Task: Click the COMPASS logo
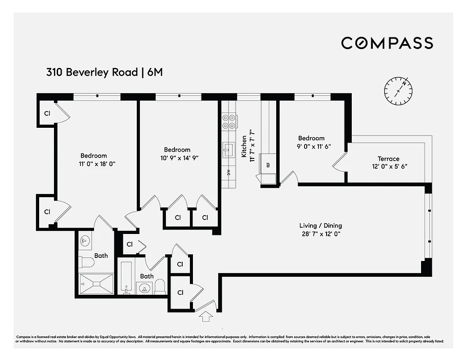pos(387,43)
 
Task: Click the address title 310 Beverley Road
pos(92,72)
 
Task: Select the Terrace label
pos(388,158)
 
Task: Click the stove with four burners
pos(229,121)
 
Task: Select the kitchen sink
pos(229,148)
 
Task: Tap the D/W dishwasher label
pos(229,173)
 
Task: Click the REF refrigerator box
pos(268,165)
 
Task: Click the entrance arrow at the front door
pos(206,317)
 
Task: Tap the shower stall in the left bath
pos(96,284)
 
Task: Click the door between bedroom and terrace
pos(341,162)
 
